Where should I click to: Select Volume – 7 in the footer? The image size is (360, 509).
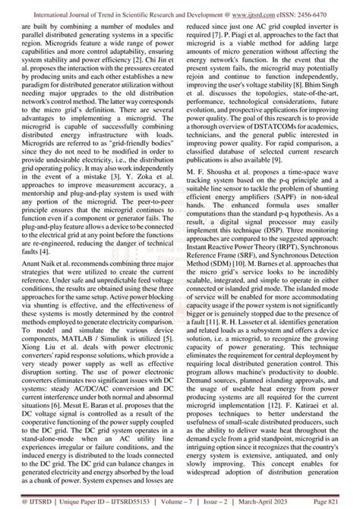(x=194, y=502)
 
